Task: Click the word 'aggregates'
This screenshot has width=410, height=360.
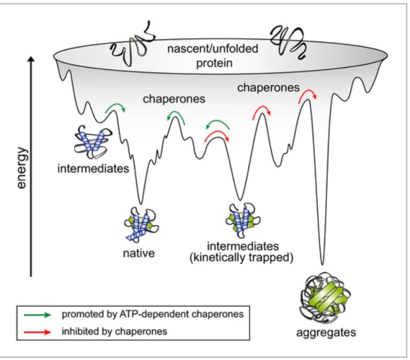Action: coord(326,333)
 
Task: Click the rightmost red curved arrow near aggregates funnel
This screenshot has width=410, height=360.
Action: coord(307,95)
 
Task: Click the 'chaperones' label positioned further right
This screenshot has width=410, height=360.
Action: coord(267,89)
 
